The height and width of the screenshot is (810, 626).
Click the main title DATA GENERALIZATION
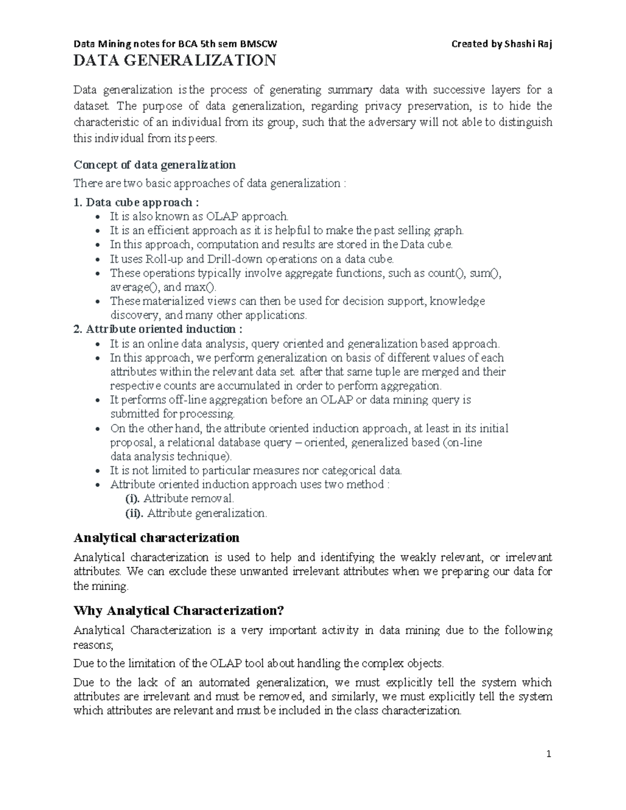point(175,61)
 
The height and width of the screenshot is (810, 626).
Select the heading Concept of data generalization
point(154,165)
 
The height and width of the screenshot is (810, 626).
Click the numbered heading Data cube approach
point(136,202)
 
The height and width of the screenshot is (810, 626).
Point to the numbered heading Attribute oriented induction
point(158,329)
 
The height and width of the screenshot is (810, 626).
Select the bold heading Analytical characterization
point(156,537)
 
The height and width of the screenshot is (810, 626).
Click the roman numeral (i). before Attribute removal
point(133,499)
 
